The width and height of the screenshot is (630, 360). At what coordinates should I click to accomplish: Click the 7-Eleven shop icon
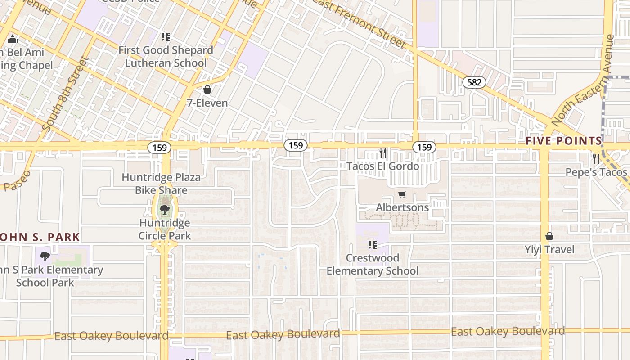tap(207, 90)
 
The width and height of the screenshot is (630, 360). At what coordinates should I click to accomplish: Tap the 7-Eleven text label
tap(207, 103)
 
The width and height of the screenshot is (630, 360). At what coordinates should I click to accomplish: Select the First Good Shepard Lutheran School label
tap(166, 57)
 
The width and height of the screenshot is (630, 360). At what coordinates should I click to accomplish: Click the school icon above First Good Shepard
tap(166, 37)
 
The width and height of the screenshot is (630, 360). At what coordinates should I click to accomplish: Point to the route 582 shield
tap(474, 82)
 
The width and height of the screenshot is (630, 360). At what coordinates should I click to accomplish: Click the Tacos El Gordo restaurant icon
tap(382, 153)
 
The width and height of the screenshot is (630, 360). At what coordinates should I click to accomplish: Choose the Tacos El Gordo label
tap(382, 166)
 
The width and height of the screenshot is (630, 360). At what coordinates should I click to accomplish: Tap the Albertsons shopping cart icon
tap(402, 195)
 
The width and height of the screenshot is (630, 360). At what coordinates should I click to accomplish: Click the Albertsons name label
tap(402, 208)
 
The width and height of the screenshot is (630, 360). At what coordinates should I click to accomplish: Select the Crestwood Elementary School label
tap(373, 264)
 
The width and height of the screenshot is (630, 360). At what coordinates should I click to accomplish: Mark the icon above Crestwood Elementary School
tap(373, 245)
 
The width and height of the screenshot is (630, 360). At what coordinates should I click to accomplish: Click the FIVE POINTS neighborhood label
tap(564, 141)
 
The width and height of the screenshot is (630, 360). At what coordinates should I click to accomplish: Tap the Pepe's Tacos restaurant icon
tap(596, 158)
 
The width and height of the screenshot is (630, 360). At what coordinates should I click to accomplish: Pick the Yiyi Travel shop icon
tap(549, 236)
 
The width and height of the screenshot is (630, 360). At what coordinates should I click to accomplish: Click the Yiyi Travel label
tap(549, 249)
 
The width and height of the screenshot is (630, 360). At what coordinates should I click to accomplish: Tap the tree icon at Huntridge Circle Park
tap(165, 209)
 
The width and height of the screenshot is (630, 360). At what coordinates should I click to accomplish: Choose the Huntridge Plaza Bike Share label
tap(161, 184)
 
